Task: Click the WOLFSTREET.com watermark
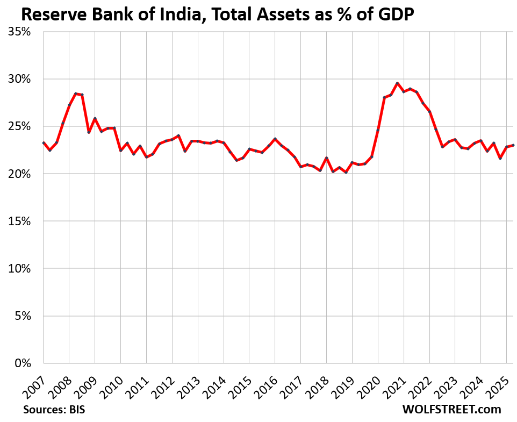451,409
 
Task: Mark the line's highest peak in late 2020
397,83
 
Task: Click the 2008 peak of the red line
76,94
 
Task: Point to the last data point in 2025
513,145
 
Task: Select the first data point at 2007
44,143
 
